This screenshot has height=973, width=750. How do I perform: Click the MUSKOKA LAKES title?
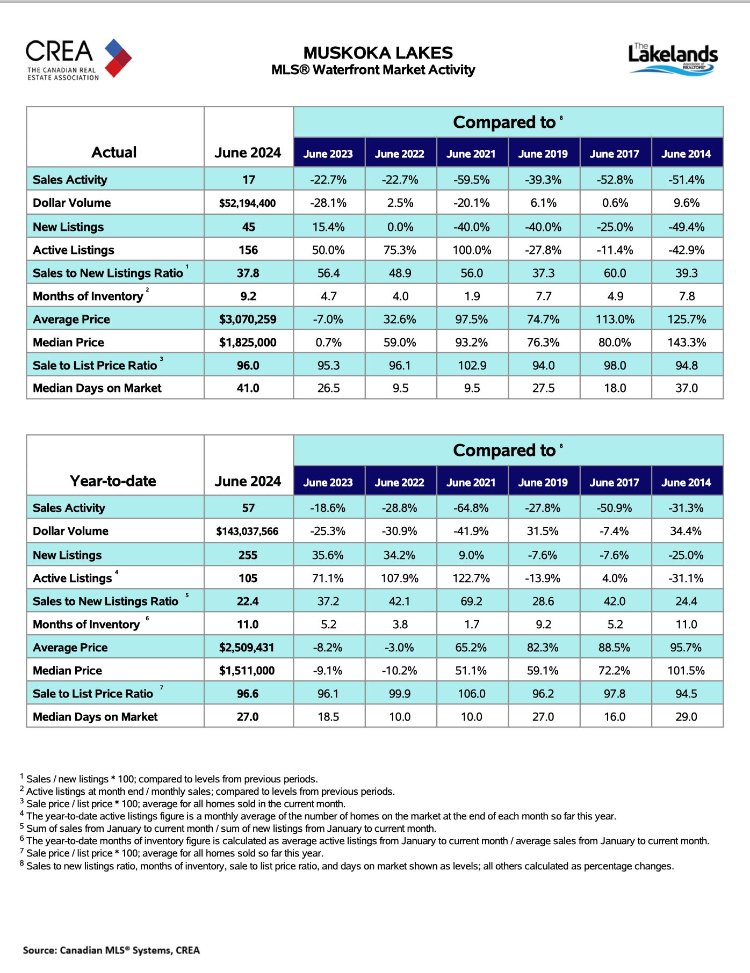point(378,53)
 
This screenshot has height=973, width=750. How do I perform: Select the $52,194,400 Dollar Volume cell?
point(248,203)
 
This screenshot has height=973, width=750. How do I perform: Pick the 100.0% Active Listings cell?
point(472,250)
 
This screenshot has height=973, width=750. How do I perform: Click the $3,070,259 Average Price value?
point(248,320)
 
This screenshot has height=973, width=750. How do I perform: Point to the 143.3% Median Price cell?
point(687,343)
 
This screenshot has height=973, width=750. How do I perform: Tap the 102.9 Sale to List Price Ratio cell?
point(472,366)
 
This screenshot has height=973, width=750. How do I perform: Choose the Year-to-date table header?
point(113,481)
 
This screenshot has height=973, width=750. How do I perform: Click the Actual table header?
point(114,153)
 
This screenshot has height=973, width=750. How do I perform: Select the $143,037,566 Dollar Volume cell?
point(248,531)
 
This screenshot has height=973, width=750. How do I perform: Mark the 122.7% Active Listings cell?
point(471,578)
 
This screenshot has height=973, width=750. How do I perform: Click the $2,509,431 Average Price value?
point(247,648)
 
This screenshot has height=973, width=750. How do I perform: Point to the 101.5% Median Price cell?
point(686,671)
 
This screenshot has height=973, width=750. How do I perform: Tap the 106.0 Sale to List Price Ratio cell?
point(471,694)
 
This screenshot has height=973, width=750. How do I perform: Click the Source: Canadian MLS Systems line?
point(111,950)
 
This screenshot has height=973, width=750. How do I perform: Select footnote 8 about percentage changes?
point(349,866)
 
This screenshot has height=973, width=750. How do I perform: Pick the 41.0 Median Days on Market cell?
point(248,388)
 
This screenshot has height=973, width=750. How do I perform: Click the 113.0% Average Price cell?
point(615,320)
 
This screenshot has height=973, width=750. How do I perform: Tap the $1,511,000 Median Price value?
point(247,671)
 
